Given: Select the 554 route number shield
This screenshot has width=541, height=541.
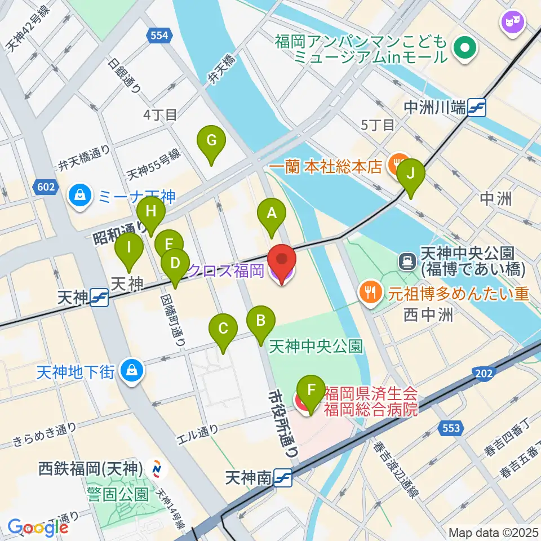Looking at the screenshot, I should [x=159, y=36].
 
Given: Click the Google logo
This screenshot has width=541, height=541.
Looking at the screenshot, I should [x=38, y=527].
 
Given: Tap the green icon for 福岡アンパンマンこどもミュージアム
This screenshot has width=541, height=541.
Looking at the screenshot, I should [x=465, y=48].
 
